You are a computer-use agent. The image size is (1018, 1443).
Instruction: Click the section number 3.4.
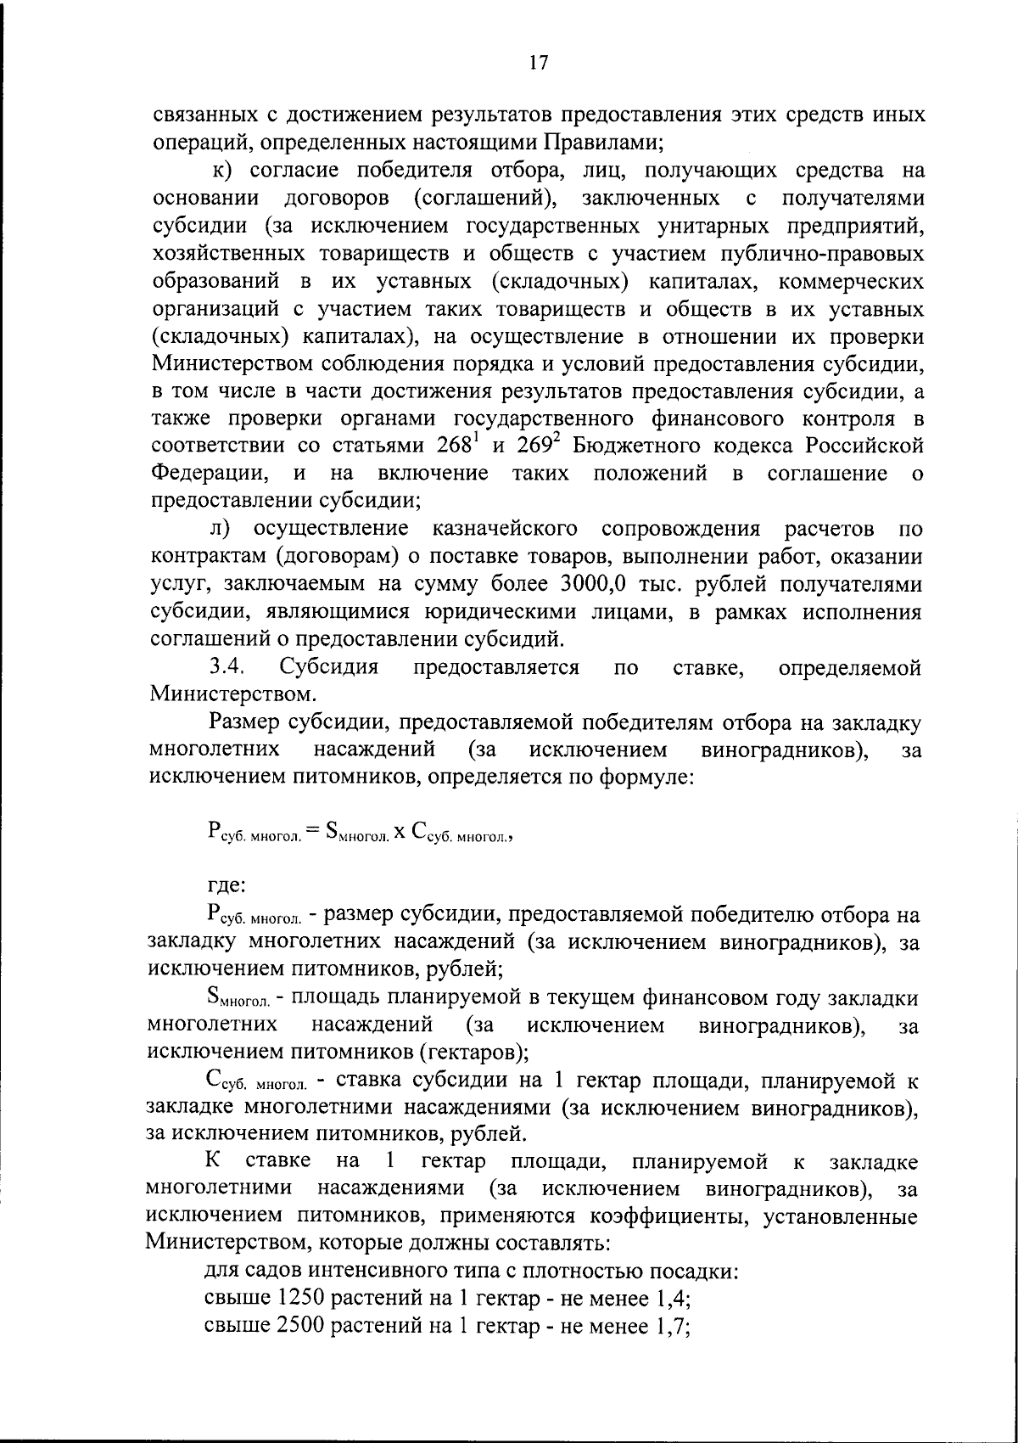click(228, 668)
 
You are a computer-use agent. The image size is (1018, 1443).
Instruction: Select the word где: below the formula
click(226, 885)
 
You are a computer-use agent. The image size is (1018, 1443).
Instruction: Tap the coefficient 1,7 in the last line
click(671, 1328)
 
